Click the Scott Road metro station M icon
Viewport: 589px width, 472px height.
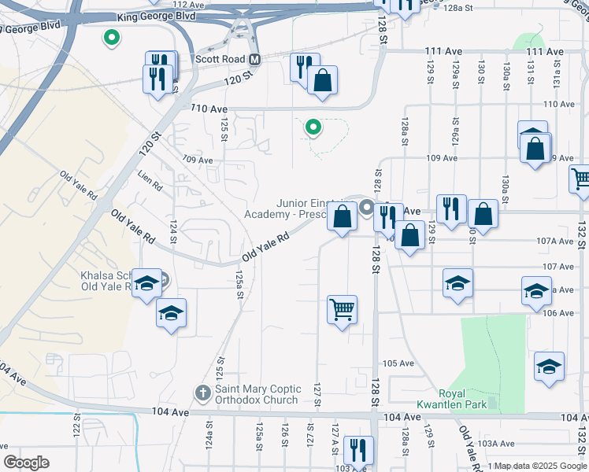pos(254,60)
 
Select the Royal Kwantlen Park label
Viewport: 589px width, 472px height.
pos(469,399)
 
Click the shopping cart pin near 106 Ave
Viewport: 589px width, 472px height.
pos(343,308)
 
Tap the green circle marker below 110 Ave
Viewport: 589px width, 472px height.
pos(313,126)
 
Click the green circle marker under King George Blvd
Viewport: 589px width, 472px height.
pos(112,36)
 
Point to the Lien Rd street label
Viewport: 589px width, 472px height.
pos(150,181)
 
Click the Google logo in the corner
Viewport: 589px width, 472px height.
pos(26,463)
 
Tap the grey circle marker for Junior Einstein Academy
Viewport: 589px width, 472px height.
pos(367,208)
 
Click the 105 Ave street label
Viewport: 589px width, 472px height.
pos(398,363)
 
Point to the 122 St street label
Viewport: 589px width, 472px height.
pos(77,430)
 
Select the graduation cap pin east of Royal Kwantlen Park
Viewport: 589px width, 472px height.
pos(549,366)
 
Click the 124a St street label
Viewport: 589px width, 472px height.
pos(210,434)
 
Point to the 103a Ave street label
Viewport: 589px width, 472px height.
pos(496,444)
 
